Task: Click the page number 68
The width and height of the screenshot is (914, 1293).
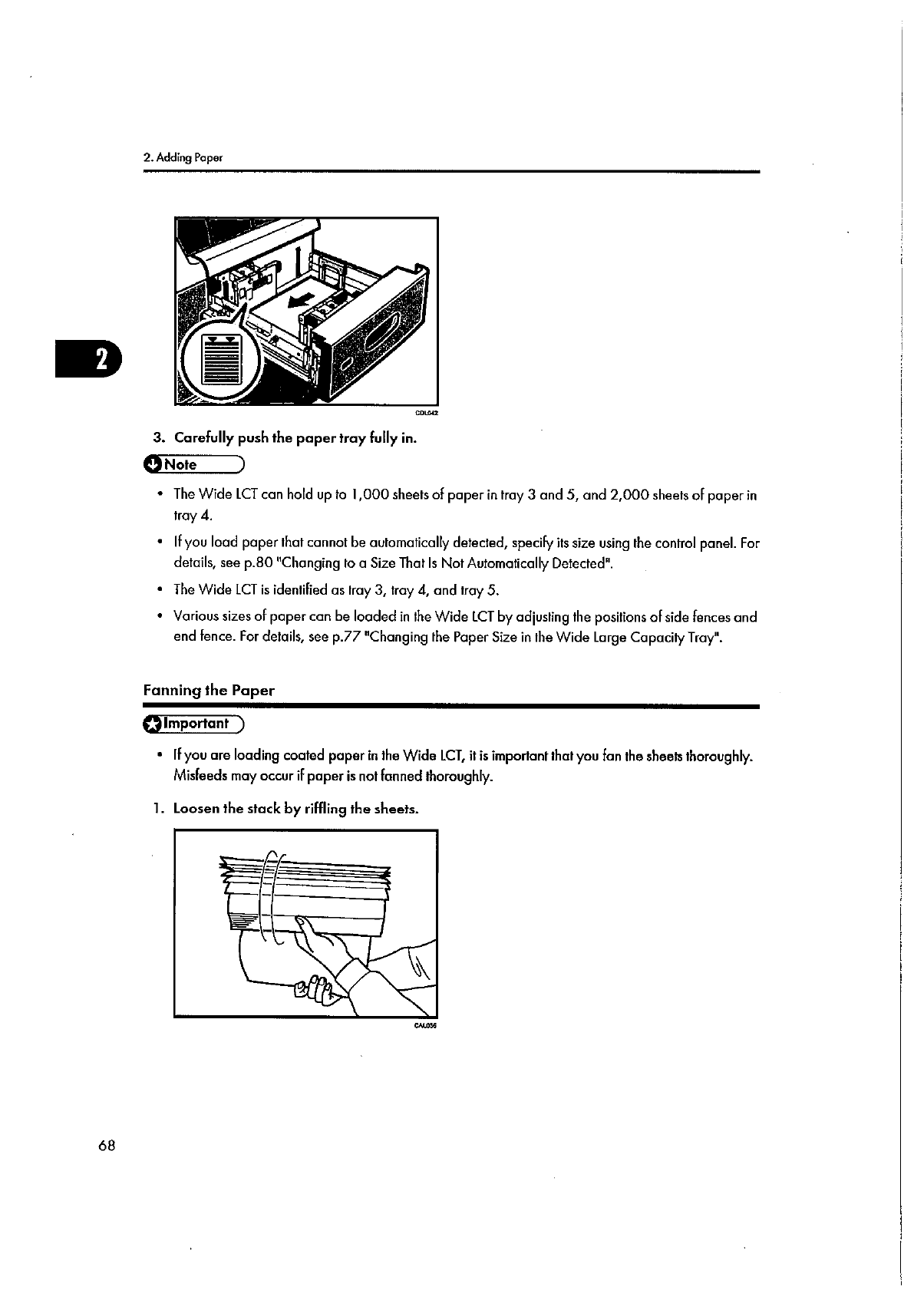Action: pos(107,1146)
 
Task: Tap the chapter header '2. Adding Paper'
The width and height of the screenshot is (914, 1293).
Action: pos(183,159)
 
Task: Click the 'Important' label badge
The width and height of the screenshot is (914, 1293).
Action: pos(193,724)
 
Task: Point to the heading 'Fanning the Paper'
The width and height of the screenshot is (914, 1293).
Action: pos(208,690)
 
